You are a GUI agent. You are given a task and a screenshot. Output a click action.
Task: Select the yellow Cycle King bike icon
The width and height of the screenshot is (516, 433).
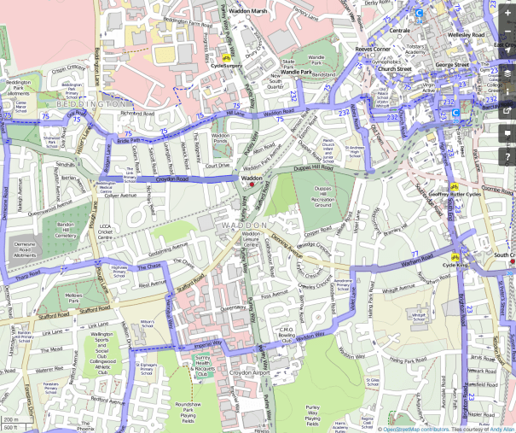[x=455, y=256]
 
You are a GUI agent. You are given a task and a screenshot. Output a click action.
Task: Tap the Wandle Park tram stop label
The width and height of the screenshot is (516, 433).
[x=296, y=73]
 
